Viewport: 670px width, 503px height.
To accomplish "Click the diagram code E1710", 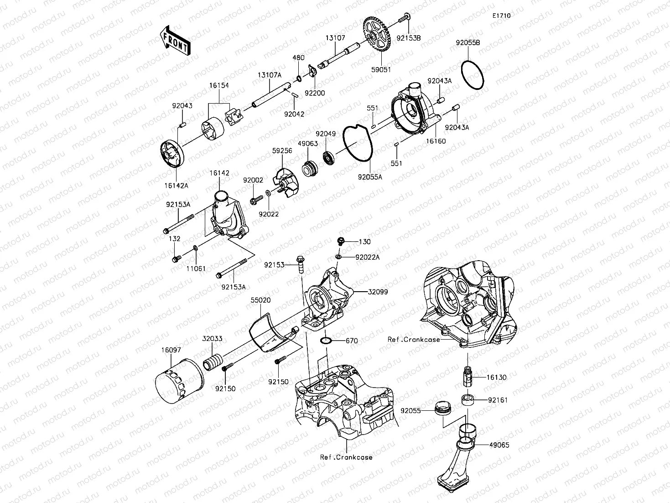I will (501, 16).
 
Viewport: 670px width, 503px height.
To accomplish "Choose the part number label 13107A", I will (269, 74).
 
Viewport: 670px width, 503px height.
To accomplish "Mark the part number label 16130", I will (496, 377).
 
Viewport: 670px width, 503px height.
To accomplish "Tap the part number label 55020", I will (260, 301).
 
